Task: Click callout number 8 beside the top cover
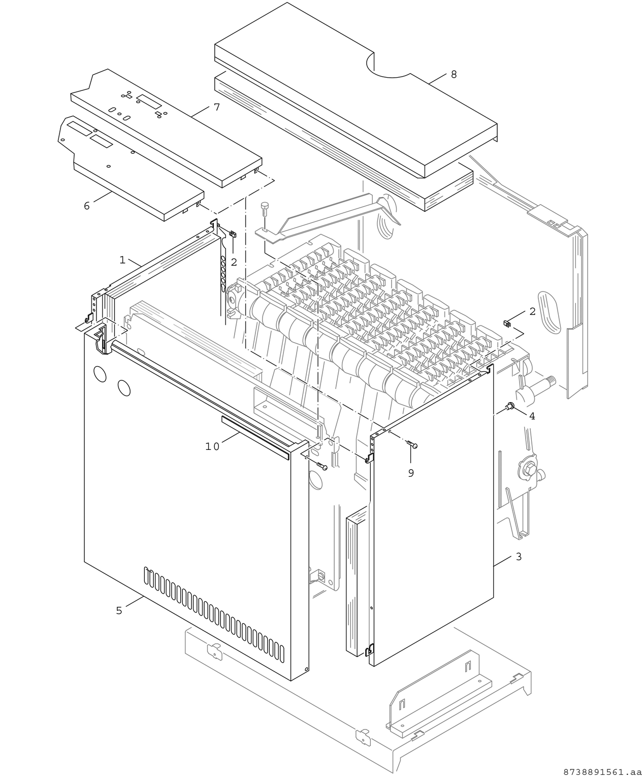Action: (x=454, y=74)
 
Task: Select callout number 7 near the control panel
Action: (x=216, y=107)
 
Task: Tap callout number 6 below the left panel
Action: (x=86, y=206)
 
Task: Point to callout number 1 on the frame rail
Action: (x=122, y=259)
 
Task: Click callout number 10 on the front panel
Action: (x=212, y=446)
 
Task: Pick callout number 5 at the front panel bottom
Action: (x=119, y=610)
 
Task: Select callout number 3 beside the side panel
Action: (x=518, y=557)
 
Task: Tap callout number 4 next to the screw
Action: (x=532, y=416)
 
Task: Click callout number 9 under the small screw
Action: (x=410, y=473)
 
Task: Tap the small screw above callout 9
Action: (x=412, y=444)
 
